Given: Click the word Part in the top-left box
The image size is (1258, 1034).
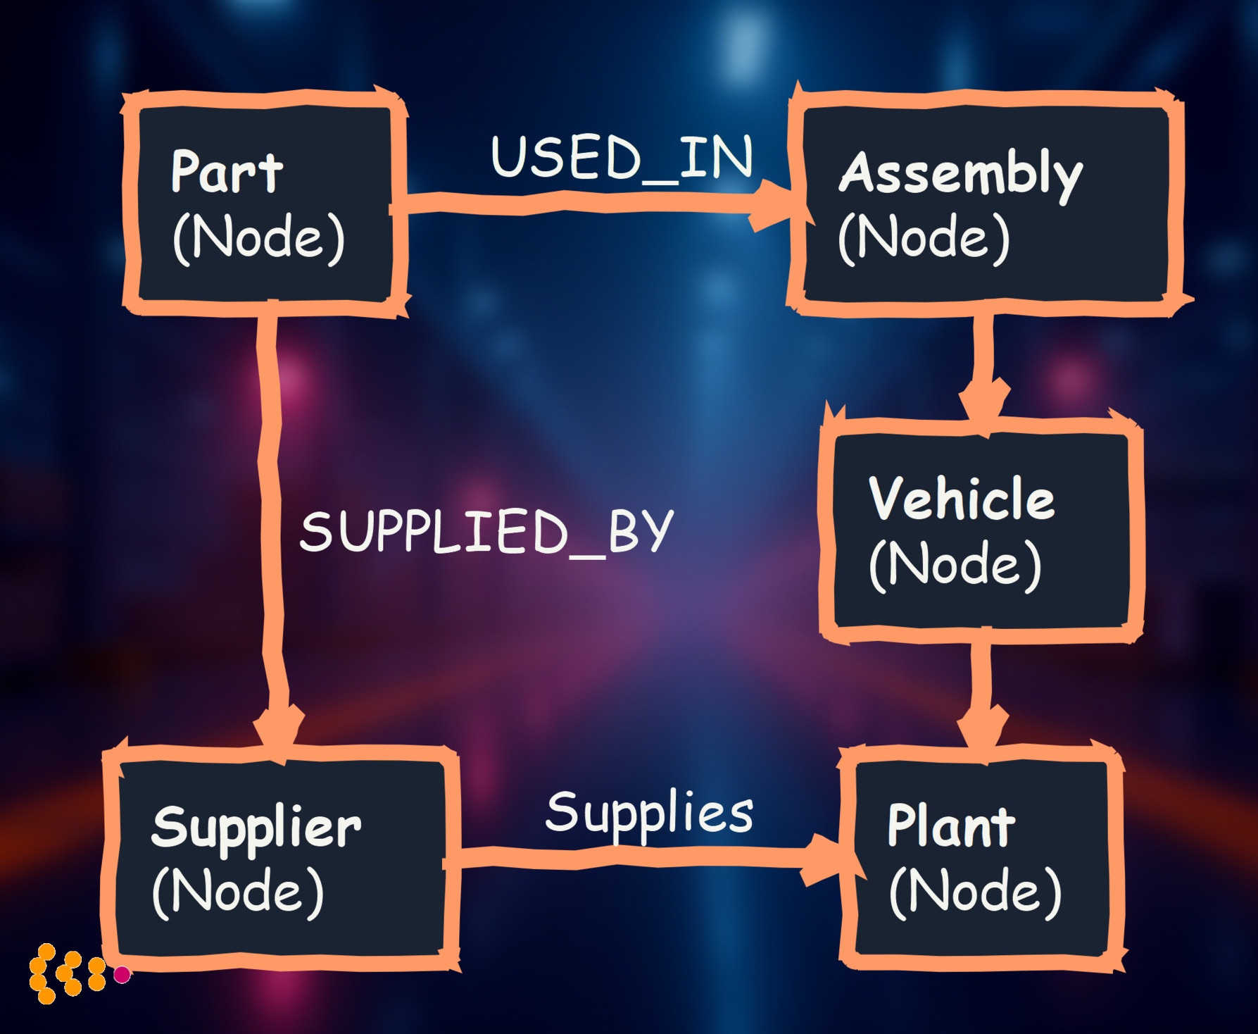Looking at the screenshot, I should point(226,172).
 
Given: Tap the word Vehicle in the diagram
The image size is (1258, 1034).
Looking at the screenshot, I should point(961,499).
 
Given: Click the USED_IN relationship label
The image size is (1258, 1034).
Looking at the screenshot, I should point(622,158).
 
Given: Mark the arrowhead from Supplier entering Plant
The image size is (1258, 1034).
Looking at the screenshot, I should point(824,859).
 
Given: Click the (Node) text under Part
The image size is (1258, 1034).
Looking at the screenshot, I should point(258,237).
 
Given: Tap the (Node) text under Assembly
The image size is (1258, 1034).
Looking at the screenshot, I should point(924,237).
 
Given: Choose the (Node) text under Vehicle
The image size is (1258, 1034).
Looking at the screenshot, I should point(955,564).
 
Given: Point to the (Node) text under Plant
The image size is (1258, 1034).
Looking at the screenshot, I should point(975,892).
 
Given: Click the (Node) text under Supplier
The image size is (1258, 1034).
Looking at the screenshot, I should point(238,892).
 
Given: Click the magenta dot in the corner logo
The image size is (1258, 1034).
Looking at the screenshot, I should point(122,974).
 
